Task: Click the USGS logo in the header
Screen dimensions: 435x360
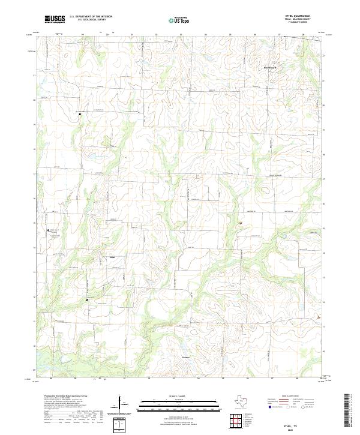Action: point(56,20)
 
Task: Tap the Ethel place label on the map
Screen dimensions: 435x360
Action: point(112,258)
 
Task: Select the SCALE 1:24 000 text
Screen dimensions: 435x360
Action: point(175,397)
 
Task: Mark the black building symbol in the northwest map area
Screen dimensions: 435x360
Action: point(80,113)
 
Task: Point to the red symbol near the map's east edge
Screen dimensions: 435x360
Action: point(319,316)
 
